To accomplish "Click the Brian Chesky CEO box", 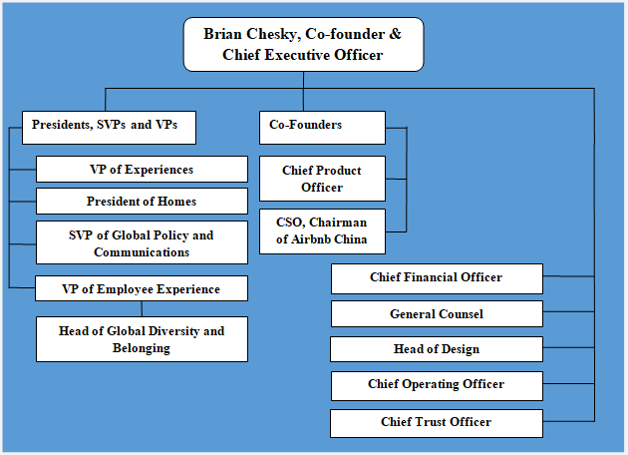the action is click(x=304, y=45).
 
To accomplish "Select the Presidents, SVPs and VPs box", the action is click(x=109, y=128).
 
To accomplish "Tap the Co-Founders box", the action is click(x=322, y=128).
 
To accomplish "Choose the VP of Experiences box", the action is click(x=142, y=170).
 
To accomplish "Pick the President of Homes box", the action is click(x=142, y=202).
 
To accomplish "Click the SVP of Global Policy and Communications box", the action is click(x=142, y=242).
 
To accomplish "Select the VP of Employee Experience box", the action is click(x=142, y=288).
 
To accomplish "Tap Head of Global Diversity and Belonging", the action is click(x=142, y=339).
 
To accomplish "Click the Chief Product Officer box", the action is click(x=322, y=179).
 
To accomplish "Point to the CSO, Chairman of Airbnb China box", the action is click(x=322, y=231).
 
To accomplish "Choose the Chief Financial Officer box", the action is click(x=437, y=278).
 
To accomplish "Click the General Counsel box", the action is click(x=437, y=314).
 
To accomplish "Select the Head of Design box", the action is click(x=437, y=349).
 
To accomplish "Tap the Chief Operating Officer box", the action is click(x=437, y=385).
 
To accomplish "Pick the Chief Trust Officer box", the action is click(x=437, y=423).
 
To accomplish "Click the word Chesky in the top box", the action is click(x=274, y=35).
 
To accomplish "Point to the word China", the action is click(x=351, y=239).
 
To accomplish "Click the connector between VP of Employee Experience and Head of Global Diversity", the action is click(x=142, y=308).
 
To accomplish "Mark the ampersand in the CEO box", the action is click(x=395, y=34).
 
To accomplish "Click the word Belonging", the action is click(x=142, y=348).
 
